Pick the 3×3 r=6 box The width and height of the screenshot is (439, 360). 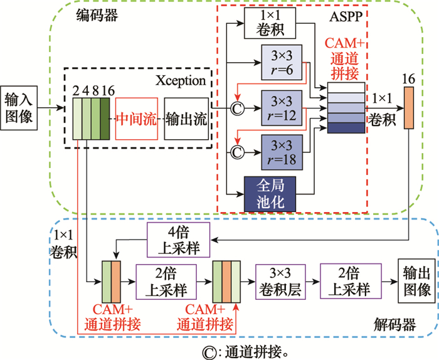(x=279, y=62)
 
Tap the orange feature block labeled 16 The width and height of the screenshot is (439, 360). (x=410, y=107)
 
